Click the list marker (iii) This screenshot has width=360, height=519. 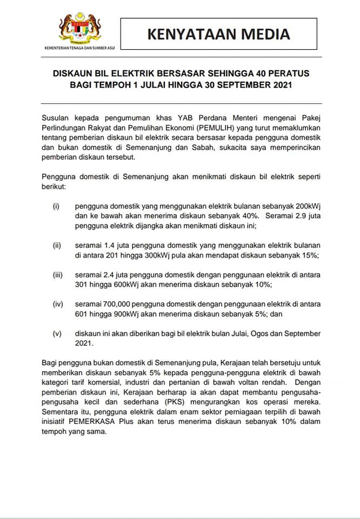click(x=58, y=275)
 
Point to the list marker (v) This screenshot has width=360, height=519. click(x=57, y=334)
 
